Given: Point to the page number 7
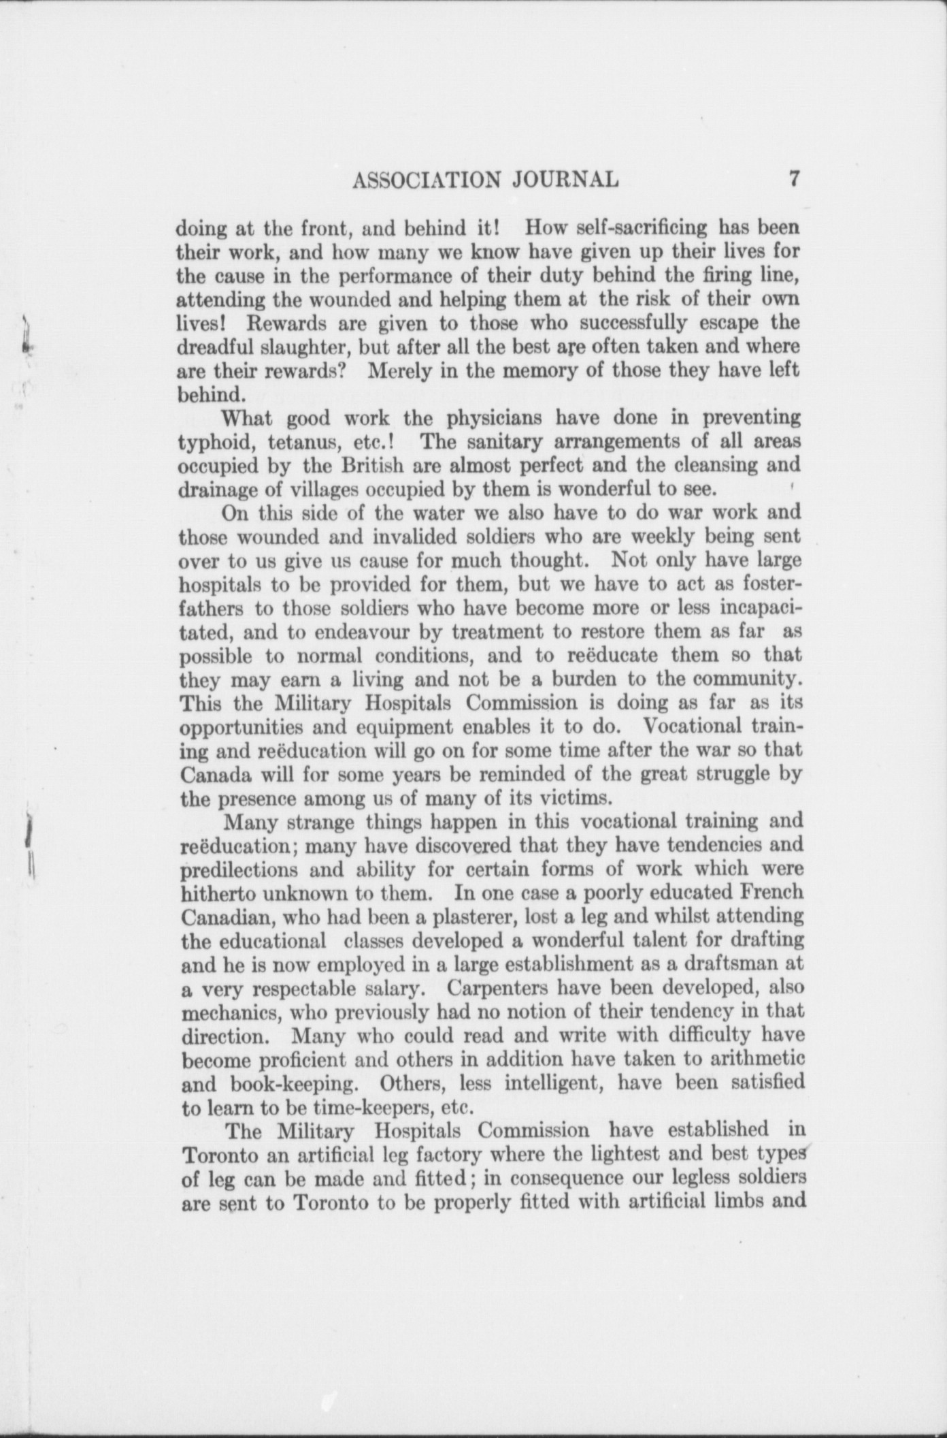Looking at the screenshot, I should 793,178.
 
